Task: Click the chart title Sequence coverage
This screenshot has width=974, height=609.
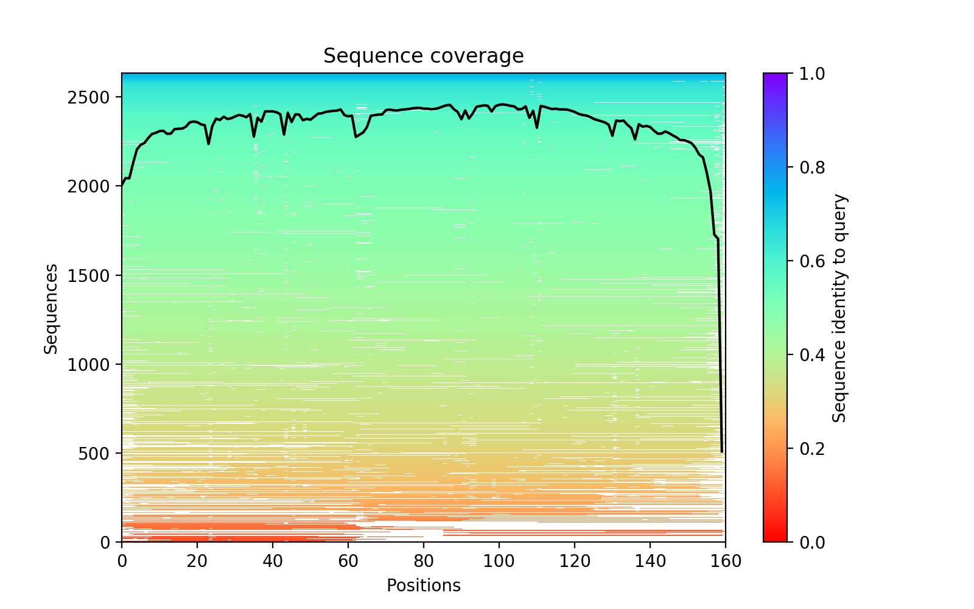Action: pos(423,56)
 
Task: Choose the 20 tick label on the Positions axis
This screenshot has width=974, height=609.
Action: pos(197,561)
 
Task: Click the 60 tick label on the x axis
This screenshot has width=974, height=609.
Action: pos(348,561)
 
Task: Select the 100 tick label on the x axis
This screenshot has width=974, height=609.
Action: pos(499,561)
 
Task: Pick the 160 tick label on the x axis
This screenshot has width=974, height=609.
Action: pos(726,561)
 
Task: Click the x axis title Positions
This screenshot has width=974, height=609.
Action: pos(423,586)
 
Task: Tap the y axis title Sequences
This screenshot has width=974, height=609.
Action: pos(51,308)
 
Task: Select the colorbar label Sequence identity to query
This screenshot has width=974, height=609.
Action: pos(839,308)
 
